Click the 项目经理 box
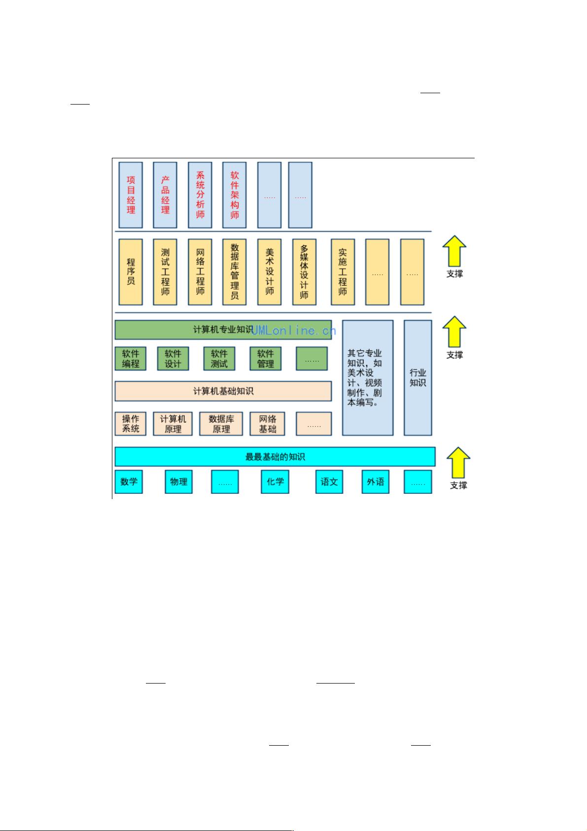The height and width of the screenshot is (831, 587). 131,195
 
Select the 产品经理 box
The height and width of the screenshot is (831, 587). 165,195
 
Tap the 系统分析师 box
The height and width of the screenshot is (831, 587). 200,195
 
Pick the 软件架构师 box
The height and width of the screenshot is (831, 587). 235,195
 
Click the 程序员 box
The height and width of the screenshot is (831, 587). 131,272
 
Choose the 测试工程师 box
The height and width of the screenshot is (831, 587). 165,272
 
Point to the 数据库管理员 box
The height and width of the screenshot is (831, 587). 235,272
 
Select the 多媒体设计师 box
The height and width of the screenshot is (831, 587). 304,272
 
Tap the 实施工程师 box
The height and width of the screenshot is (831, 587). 343,272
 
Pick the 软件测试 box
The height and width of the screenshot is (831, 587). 219,359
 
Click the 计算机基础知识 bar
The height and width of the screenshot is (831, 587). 223,391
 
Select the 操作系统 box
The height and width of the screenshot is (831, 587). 131,424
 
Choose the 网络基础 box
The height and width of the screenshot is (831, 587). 268,424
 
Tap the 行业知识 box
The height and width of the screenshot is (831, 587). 418,378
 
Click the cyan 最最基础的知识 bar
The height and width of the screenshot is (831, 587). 275,457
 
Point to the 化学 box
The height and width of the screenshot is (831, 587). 275,481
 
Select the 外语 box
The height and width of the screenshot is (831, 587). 376,481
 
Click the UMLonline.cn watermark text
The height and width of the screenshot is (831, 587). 294,331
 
